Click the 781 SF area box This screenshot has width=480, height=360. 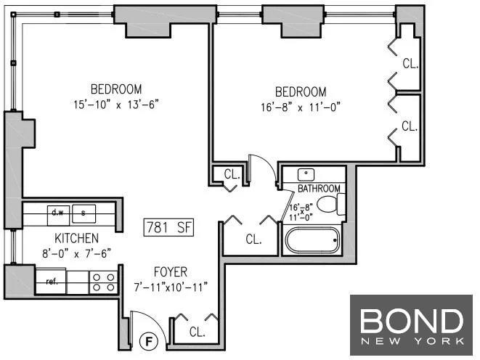point(168,228)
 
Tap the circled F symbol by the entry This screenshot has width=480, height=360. point(149,341)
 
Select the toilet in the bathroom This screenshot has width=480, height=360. point(331,204)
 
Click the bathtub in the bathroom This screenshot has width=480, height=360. point(312,240)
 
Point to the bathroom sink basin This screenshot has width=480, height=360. point(306,175)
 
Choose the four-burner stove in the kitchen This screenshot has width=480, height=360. point(103,282)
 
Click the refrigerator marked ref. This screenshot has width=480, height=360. point(52,281)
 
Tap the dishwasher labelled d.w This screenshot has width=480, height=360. point(58,216)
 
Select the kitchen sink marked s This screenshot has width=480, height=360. point(84,213)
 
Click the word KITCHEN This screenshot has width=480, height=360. point(76,239)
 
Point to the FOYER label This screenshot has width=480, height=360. point(171,272)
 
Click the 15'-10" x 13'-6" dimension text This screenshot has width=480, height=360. point(116,105)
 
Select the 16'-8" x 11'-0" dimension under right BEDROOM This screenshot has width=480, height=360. point(301,107)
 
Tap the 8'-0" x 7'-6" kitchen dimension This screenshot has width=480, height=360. point(76,253)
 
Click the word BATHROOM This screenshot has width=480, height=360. point(319,189)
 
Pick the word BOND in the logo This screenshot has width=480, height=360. point(412,321)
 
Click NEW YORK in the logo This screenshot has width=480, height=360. point(412,341)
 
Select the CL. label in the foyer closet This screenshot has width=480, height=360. point(197,332)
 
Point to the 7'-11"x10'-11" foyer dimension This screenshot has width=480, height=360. point(171,287)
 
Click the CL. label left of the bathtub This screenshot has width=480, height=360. point(253,240)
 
